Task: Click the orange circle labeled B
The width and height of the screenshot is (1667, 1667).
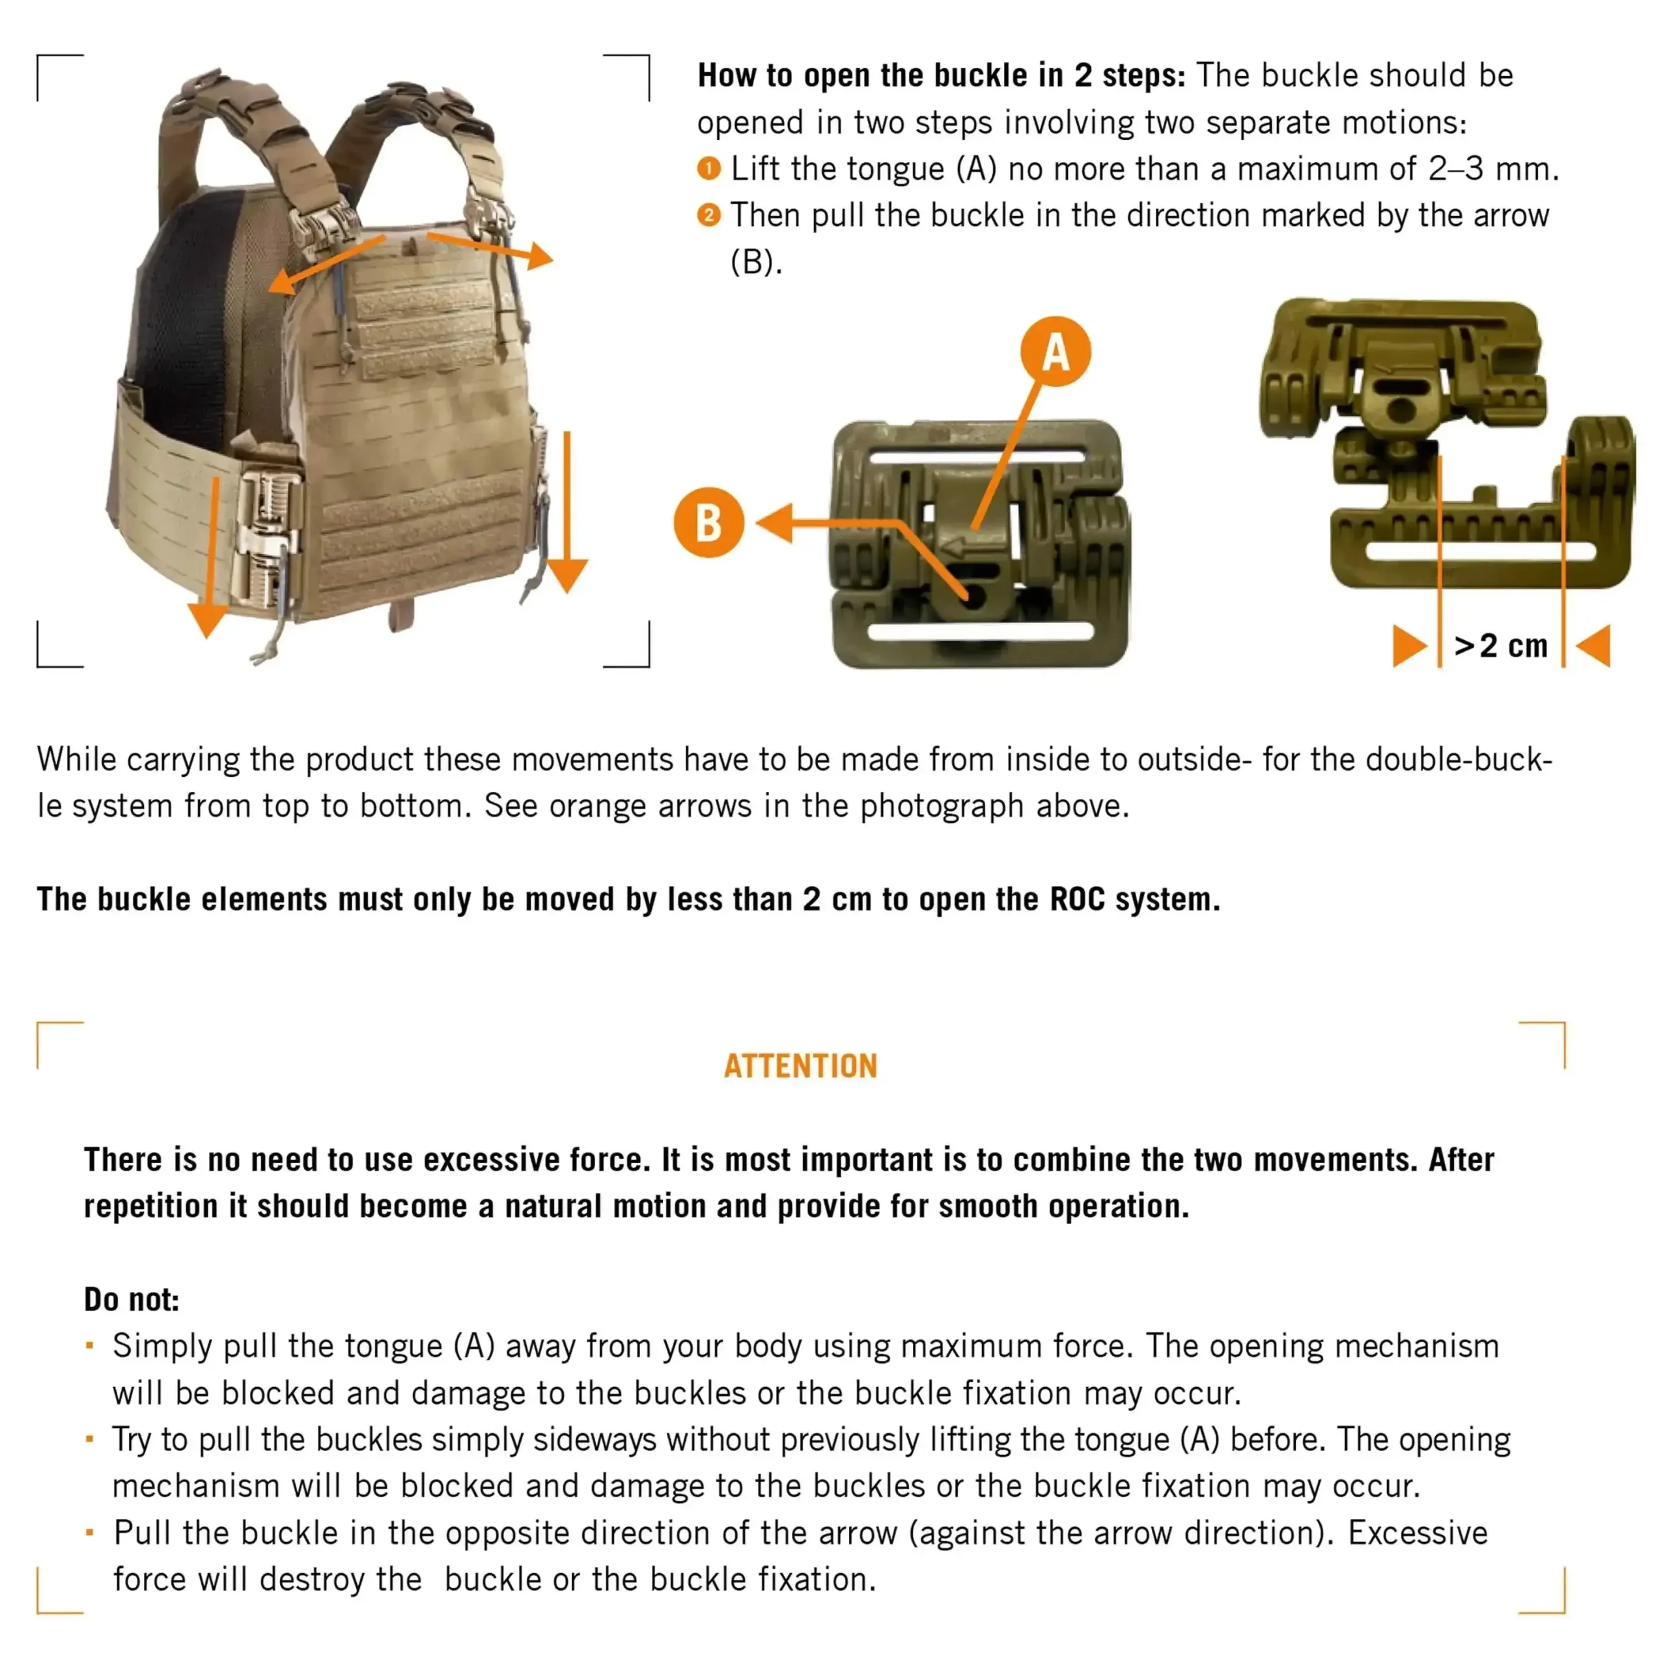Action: tap(708, 523)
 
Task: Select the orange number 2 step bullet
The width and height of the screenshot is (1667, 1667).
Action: tap(708, 215)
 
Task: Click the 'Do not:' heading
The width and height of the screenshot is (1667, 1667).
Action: tap(131, 1300)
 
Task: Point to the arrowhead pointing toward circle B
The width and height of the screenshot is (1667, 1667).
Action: tap(775, 523)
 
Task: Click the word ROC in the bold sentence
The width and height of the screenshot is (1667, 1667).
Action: tap(1077, 899)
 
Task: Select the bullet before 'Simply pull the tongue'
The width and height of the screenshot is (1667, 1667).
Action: tap(90, 1345)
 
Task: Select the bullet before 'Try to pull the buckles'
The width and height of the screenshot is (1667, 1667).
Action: tap(90, 1438)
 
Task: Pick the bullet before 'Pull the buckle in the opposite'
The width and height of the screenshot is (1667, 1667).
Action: tap(90, 1532)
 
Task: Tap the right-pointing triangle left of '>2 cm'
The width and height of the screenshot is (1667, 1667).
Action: tap(1408, 646)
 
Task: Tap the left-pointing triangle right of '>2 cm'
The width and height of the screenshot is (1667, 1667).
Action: tap(1595, 645)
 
